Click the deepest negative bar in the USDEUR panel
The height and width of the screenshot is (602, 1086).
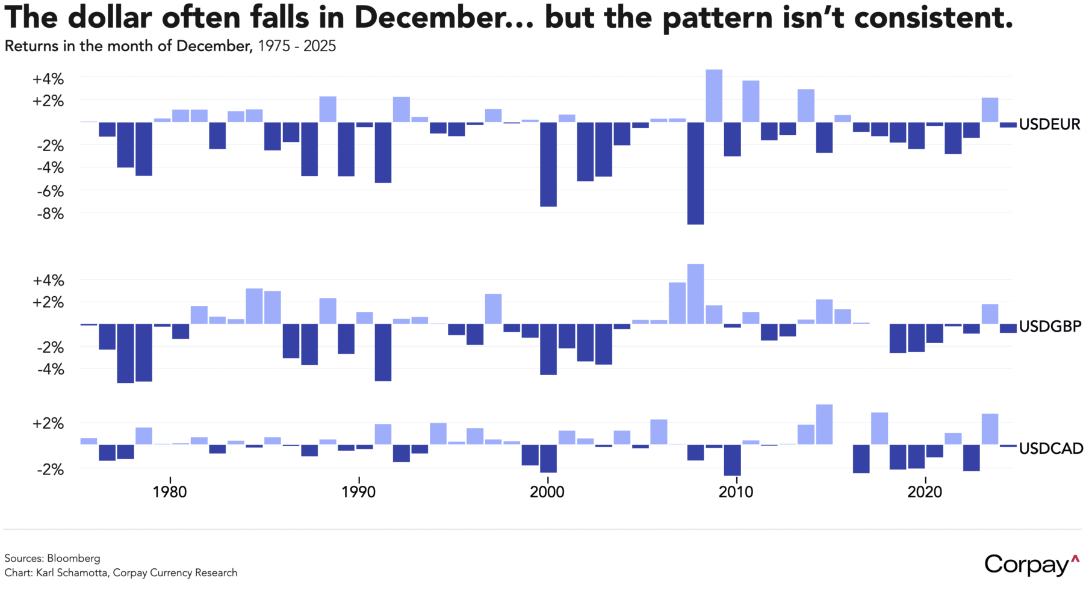pyautogui.click(x=695, y=173)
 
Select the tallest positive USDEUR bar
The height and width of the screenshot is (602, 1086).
pyautogui.click(x=714, y=96)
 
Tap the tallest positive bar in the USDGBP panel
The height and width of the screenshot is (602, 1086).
pyautogui.click(x=695, y=294)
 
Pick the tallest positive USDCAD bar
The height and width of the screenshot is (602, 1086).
pyautogui.click(x=824, y=424)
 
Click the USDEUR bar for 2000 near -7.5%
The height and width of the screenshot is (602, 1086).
pyautogui.click(x=548, y=164)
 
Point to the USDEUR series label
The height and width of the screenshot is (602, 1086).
pyautogui.click(x=1049, y=125)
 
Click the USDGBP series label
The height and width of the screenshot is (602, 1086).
pyautogui.click(x=1050, y=326)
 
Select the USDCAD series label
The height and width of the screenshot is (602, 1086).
pyautogui.click(x=1050, y=448)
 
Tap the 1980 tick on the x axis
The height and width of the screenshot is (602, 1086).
pyautogui.click(x=170, y=492)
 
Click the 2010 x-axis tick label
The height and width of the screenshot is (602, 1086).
pyautogui.click(x=736, y=492)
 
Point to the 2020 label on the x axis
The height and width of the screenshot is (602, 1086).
pyautogui.click(x=925, y=492)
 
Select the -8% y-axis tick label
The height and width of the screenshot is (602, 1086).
pyautogui.click(x=49, y=214)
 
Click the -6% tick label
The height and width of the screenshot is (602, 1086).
pyautogui.click(x=49, y=191)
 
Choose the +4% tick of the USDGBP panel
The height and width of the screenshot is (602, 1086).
pyautogui.click(x=48, y=281)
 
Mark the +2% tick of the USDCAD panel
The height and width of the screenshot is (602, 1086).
pyautogui.click(x=48, y=424)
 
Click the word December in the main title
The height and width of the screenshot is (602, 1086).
pyautogui.click(x=431, y=17)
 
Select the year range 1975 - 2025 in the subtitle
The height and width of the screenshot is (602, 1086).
pyautogui.click(x=297, y=46)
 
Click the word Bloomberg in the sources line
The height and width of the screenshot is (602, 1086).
pyautogui.click(x=73, y=558)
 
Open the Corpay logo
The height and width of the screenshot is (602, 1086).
pyautogui.click(x=1031, y=565)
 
